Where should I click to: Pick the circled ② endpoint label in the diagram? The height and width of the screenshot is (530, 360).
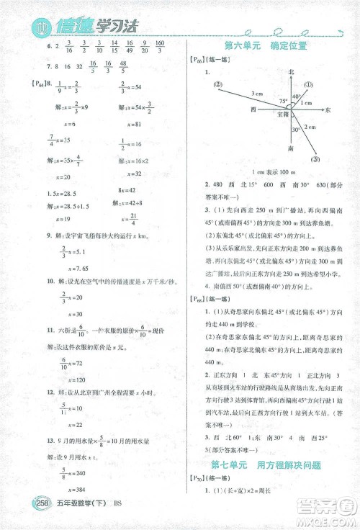[x=217, y=83]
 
